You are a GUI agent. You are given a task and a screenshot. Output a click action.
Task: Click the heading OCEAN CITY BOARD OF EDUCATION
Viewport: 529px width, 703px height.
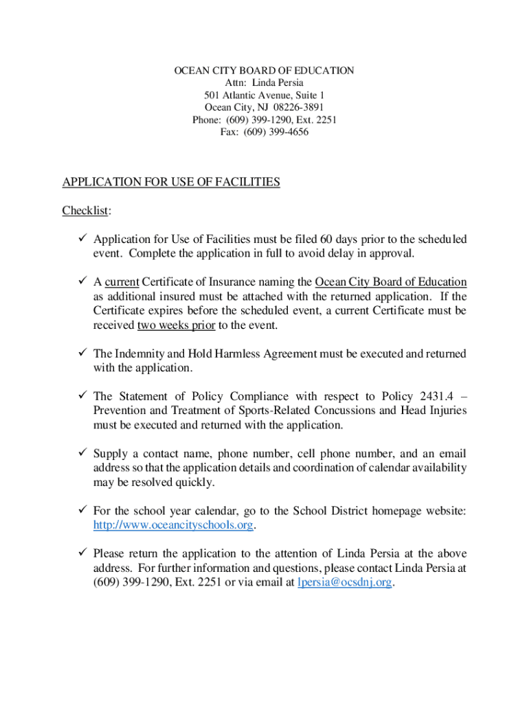point(264,71)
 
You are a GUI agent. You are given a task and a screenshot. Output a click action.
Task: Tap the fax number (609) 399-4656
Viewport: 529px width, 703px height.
point(277,132)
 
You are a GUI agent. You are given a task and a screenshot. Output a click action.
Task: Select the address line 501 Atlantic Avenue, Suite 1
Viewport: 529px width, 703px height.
point(264,95)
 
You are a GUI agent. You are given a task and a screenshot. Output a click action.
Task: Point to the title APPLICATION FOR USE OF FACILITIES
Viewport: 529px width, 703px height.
point(171,182)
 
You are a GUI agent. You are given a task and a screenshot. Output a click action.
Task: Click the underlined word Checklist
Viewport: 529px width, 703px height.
point(86,210)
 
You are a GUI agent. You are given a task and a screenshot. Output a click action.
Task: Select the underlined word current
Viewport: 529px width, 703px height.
point(122,282)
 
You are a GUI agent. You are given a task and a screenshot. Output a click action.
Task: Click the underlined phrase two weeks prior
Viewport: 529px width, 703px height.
point(176,325)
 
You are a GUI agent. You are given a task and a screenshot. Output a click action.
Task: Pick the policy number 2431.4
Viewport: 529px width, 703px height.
point(438,396)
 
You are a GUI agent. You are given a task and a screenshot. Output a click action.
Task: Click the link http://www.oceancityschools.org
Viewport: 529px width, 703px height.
point(173,525)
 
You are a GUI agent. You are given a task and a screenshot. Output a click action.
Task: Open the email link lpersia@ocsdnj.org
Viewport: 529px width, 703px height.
point(345,582)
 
